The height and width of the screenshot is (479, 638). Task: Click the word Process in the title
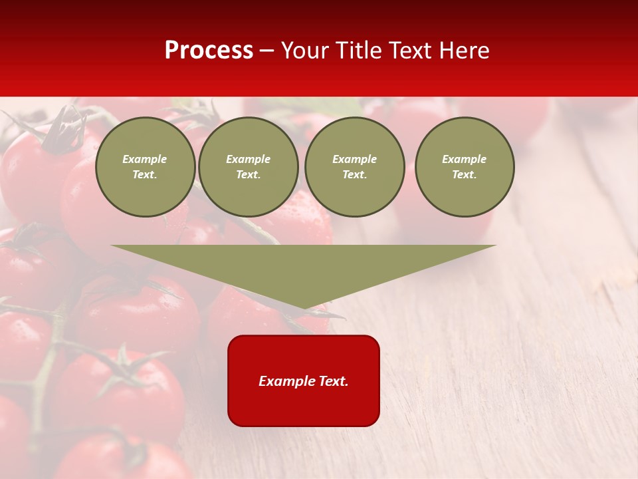click(209, 51)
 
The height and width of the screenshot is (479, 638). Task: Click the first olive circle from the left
click(145, 167)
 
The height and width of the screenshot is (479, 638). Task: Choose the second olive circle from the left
click(249, 167)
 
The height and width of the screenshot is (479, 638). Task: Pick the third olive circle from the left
click(355, 167)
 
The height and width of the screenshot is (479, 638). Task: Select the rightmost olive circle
click(465, 167)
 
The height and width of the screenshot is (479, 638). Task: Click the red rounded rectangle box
click(304, 399)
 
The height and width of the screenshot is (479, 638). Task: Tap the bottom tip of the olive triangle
click(304, 308)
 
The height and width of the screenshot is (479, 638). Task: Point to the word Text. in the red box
click(332, 381)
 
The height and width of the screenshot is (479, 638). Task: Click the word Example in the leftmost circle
click(145, 159)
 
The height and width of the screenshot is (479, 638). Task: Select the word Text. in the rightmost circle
click(465, 175)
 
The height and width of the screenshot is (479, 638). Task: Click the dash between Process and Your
click(267, 51)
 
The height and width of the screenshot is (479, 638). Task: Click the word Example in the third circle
click(355, 159)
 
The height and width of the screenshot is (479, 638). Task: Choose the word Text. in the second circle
click(249, 175)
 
